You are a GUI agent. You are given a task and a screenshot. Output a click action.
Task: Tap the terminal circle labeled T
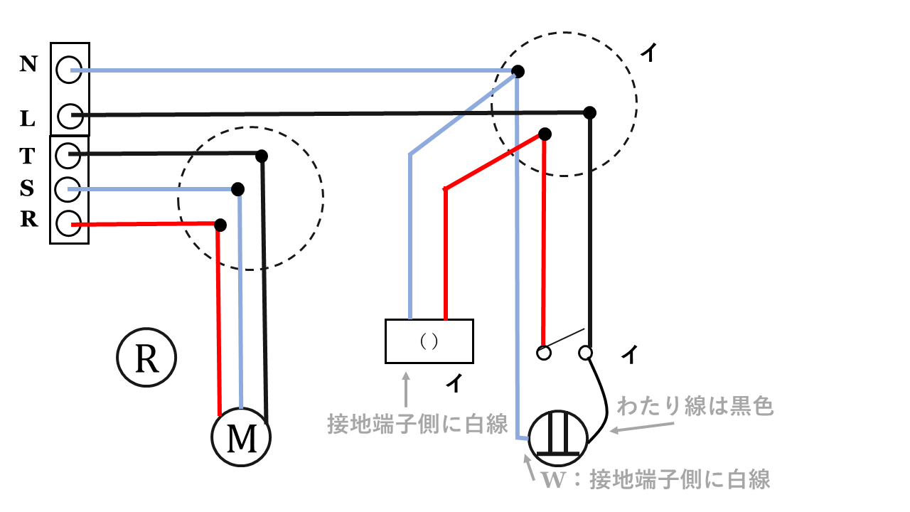[x=67, y=154]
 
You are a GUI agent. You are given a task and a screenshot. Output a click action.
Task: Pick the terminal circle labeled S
[x=67, y=188]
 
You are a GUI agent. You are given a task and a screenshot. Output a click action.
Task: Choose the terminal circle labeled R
[x=67, y=224]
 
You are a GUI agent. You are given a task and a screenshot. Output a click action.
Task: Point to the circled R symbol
[x=146, y=358]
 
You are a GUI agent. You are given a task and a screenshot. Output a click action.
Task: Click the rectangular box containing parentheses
[x=429, y=341]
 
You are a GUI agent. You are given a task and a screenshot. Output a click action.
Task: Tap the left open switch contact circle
[x=544, y=352]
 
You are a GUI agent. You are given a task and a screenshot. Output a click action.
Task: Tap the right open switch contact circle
[x=586, y=352]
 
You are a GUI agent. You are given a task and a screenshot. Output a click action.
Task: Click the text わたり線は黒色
[x=695, y=407]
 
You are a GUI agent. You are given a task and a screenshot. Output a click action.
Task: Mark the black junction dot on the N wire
[x=518, y=71]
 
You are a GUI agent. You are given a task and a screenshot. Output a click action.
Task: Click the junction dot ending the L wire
[x=589, y=112]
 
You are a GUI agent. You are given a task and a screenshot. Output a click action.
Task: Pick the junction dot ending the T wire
[x=262, y=156]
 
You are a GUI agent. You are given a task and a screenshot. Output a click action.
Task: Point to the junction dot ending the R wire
[x=220, y=225]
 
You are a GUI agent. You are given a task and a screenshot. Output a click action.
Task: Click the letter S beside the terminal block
[x=27, y=188]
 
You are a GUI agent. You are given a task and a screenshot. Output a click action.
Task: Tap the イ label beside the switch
[x=628, y=353]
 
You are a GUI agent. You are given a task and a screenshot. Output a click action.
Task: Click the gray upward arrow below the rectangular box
[x=406, y=389]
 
